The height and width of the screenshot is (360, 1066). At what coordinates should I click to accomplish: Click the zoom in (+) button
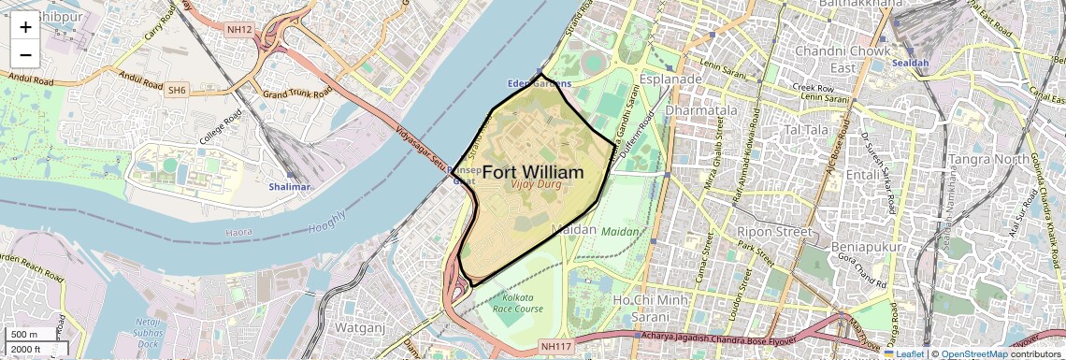(x=25, y=26)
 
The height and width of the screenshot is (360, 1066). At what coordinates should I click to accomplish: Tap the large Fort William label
(x=533, y=173)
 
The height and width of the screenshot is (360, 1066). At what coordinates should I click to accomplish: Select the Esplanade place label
(x=670, y=79)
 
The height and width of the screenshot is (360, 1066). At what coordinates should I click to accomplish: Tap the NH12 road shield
(x=239, y=30)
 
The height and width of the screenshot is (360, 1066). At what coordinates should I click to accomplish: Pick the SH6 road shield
(x=177, y=91)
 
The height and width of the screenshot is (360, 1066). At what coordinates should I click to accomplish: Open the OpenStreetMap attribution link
(x=973, y=354)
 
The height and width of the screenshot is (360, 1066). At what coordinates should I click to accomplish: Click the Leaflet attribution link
(x=904, y=354)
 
